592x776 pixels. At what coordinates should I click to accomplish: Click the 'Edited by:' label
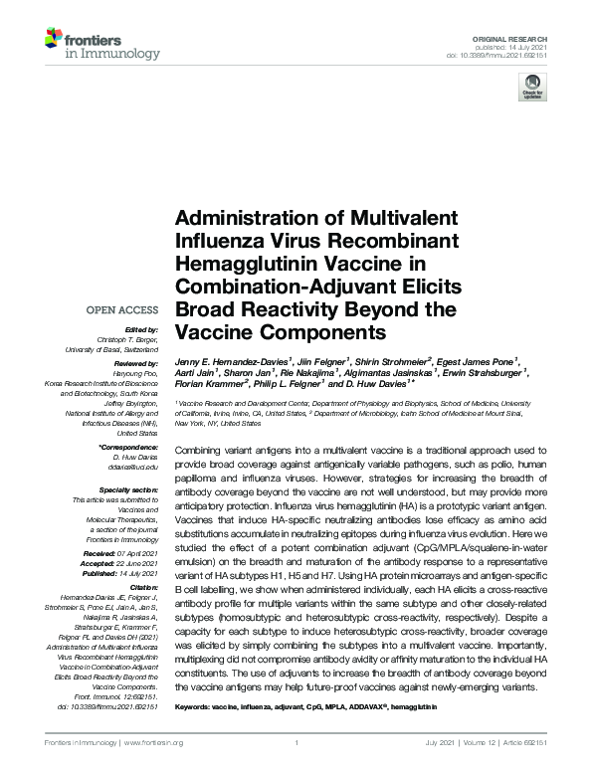pyautogui.click(x=141, y=329)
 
